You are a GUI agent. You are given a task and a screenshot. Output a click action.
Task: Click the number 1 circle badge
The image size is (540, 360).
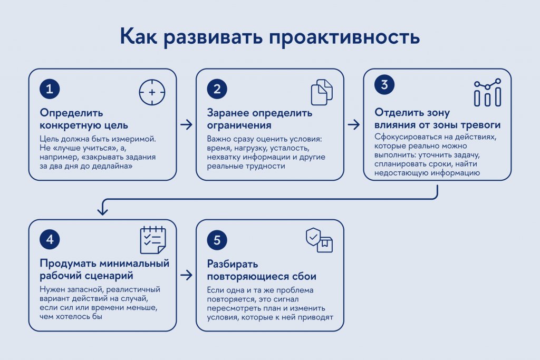(50, 89)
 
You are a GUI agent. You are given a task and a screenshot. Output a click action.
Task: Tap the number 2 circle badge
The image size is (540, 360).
(217, 89)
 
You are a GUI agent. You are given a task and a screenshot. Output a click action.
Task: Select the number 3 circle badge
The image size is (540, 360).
(384, 85)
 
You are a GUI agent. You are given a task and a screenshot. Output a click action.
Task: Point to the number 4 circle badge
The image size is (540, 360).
(50, 239)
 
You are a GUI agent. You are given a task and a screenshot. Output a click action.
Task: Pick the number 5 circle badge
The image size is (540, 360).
(217, 240)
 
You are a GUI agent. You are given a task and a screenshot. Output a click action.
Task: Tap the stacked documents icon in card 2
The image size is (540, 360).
(322, 92)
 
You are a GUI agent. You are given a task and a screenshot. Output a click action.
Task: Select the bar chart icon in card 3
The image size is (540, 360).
(487, 93)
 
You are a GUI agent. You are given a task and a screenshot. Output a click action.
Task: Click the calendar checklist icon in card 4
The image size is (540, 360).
(153, 240)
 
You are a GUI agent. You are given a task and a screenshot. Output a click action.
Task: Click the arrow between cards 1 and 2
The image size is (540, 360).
(186, 124)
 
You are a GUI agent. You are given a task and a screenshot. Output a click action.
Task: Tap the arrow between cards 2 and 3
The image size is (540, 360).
(354, 124)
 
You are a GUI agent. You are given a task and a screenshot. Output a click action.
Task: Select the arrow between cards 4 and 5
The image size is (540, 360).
(186, 275)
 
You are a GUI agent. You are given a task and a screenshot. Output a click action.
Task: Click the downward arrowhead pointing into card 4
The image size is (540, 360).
(102, 211)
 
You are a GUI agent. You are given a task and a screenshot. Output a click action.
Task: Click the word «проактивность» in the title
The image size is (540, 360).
(344, 36)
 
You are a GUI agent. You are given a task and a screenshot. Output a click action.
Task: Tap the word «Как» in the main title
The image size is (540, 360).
(138, 35)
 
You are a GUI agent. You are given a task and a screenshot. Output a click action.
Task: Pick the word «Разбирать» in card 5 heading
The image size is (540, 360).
(233, 264)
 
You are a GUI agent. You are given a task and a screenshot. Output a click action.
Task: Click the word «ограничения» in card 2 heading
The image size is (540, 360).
(239, 125)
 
